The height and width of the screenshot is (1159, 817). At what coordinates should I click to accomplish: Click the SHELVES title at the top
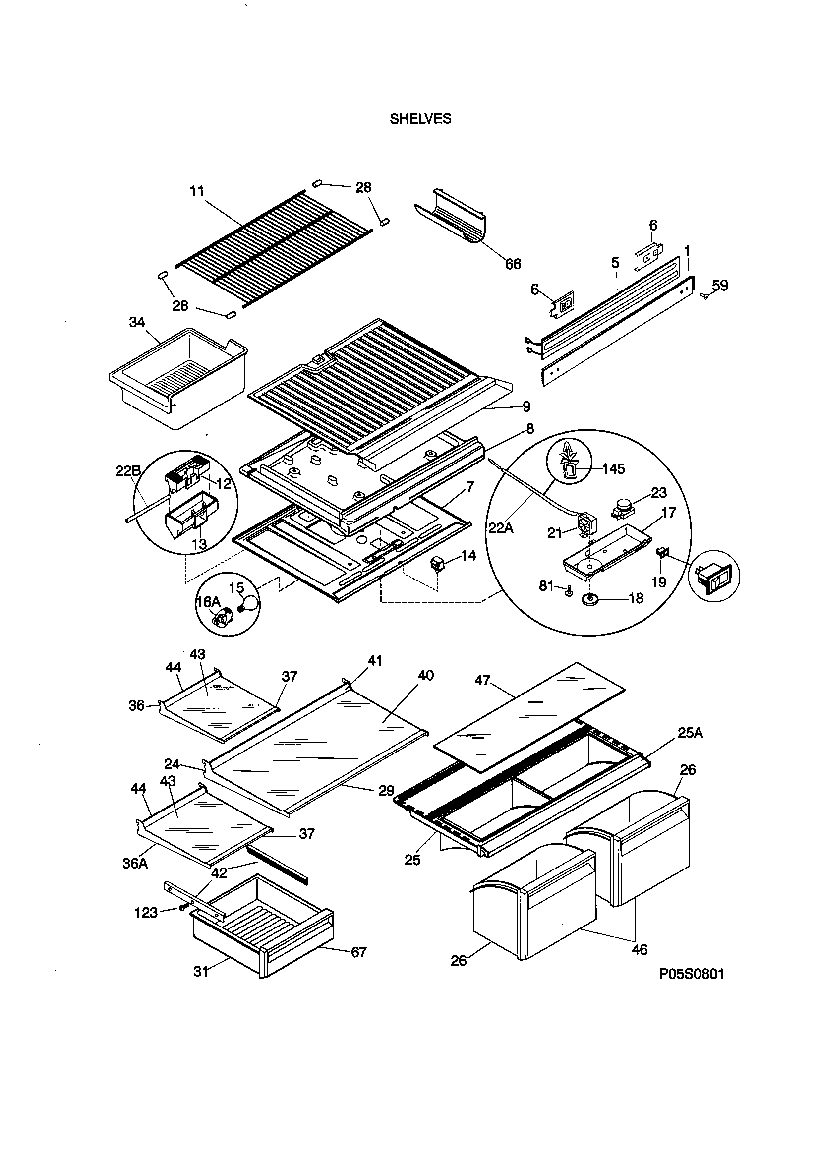(x=420, y=119)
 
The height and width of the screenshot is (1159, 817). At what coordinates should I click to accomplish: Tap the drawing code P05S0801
(x=691, y=974)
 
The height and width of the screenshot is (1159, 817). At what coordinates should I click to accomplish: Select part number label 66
(x=513, y=264)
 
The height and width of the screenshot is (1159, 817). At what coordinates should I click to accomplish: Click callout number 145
(x=614, y=469)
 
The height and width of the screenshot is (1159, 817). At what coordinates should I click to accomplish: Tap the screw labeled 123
(x=183, y=908)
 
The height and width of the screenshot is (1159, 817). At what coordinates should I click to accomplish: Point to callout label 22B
(x=128, y=470)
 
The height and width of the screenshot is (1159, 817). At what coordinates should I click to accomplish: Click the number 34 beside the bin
(x=137, y=322)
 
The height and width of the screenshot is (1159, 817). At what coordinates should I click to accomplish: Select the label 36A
(x=135, y=863)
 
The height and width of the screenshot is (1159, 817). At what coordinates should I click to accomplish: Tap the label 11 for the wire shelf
(x=197, y=191)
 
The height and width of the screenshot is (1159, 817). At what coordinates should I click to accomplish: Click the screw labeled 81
(x=569, y=590)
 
